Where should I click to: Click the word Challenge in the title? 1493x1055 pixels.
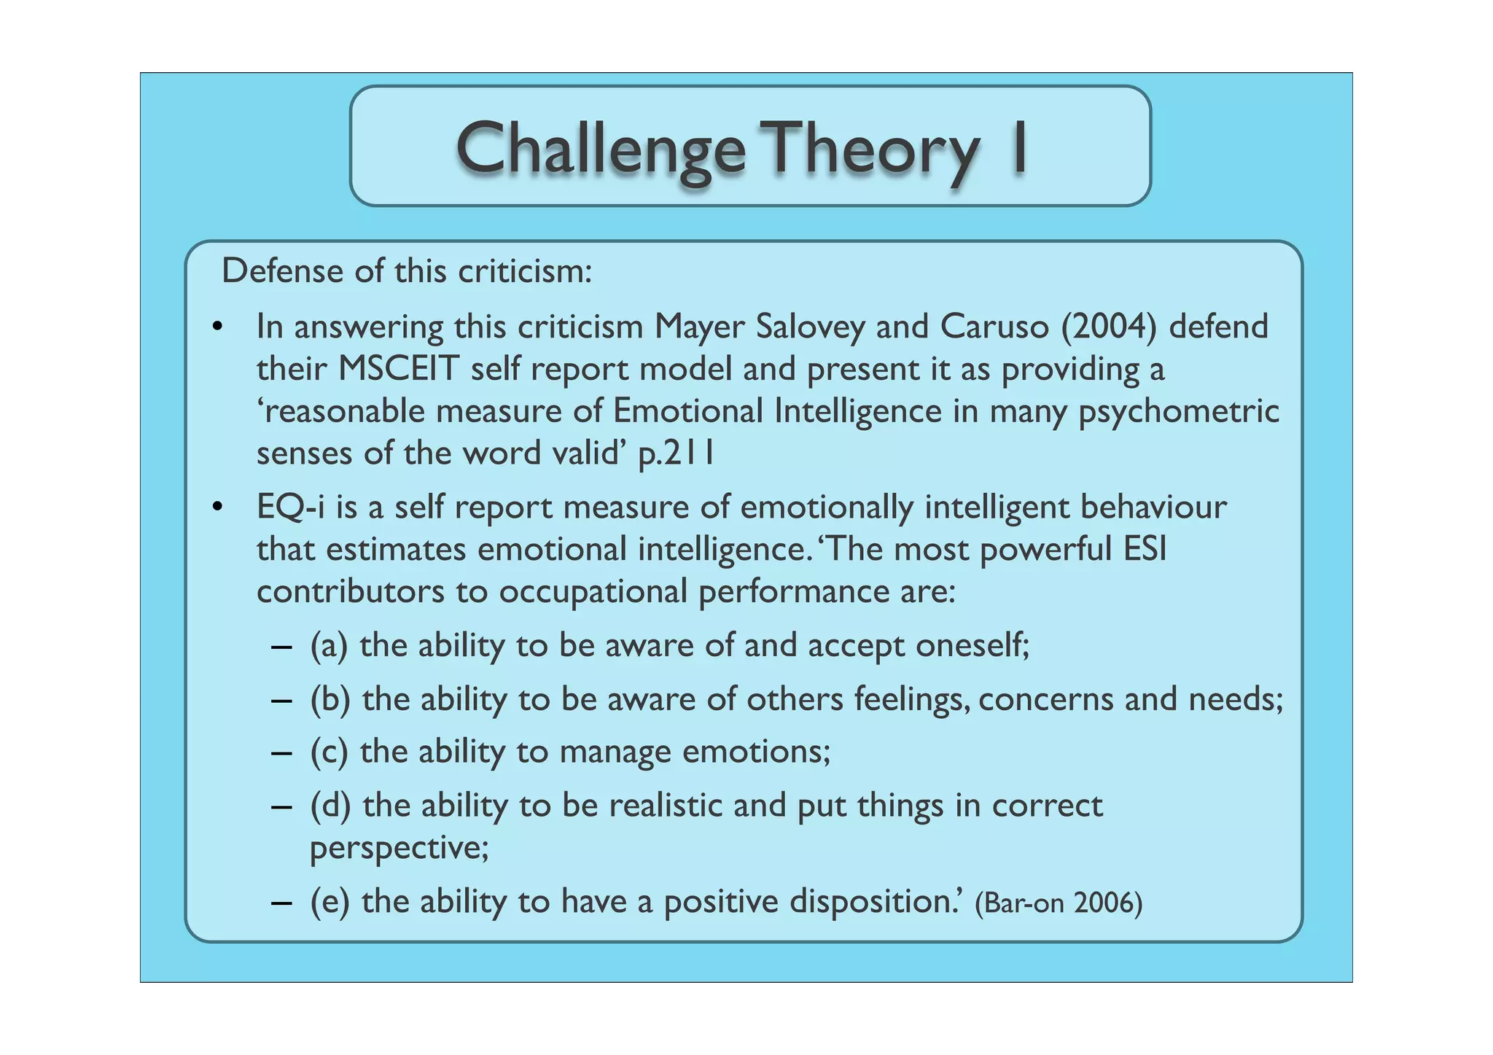coord(600,149)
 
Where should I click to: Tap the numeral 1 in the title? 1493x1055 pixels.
coord(1020,148)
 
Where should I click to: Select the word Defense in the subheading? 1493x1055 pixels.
coord(282,271)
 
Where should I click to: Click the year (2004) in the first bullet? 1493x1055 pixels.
coord(1109,326)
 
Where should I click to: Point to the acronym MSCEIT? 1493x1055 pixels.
coord(397,369)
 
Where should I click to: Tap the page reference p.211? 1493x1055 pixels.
coord(676,453)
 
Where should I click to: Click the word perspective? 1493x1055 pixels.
coord(398,848)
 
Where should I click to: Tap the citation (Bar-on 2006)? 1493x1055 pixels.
coord(1058,903)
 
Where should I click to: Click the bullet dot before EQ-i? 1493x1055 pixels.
coord(217,507)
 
